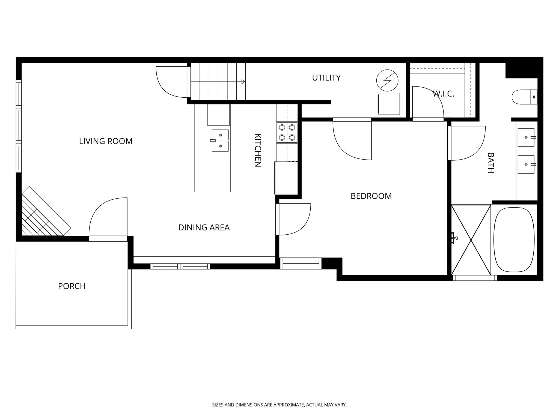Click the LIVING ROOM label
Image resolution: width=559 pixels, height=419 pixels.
coord(106,141)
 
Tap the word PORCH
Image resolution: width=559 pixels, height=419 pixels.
coord(72,286)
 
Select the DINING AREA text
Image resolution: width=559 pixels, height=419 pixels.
coord(204,228)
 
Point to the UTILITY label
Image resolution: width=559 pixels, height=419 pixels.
coord(326,78)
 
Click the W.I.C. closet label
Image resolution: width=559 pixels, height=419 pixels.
coord(443,94)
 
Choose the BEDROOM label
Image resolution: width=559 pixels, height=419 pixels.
coord(371,196)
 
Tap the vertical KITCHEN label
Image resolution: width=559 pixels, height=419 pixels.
coord(258,150)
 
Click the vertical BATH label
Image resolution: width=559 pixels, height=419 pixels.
coord(490,163)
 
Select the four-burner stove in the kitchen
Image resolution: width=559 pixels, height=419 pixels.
coord(287,133)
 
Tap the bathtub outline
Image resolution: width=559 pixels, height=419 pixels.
coord(514,240)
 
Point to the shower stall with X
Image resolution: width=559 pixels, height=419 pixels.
coord(471,240)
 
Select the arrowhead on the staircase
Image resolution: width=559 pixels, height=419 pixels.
coord(243,82)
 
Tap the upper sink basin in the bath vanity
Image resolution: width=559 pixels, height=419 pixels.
coord(526,137)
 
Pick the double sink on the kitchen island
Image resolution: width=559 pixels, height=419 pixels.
coord(220,140)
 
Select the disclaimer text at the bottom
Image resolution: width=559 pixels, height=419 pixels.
coord(279,405)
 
